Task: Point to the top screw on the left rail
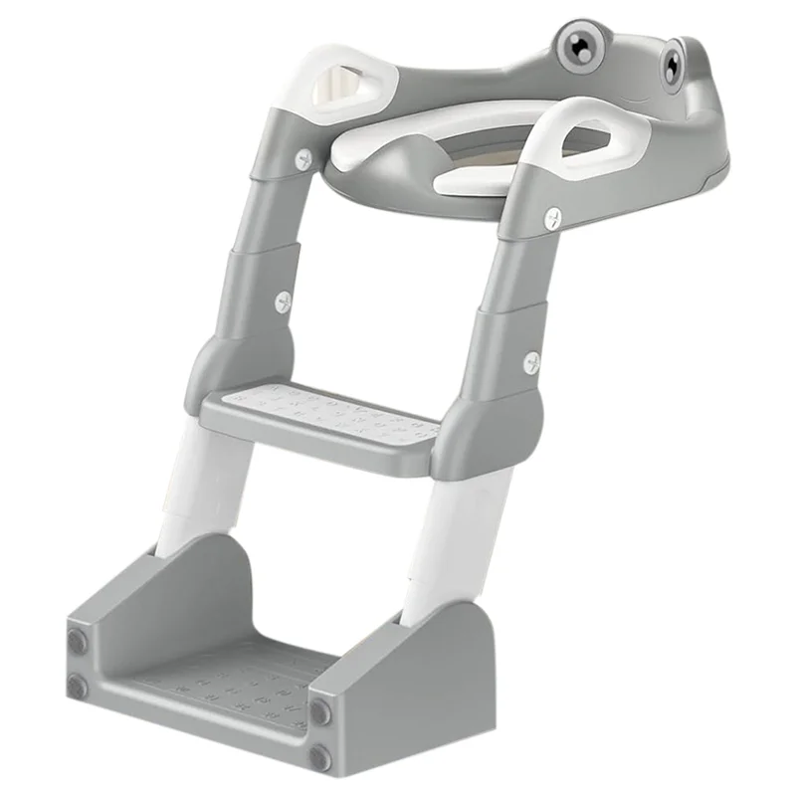click(303, 158)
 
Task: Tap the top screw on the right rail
click(553, 218)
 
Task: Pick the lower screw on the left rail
click(283, 301)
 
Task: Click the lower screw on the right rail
click(532, 362)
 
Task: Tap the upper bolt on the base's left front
click(77, 642)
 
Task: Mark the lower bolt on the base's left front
click(77, 686)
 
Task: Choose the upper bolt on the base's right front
click(320, 710)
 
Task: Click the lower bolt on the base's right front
click(320, 757)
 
